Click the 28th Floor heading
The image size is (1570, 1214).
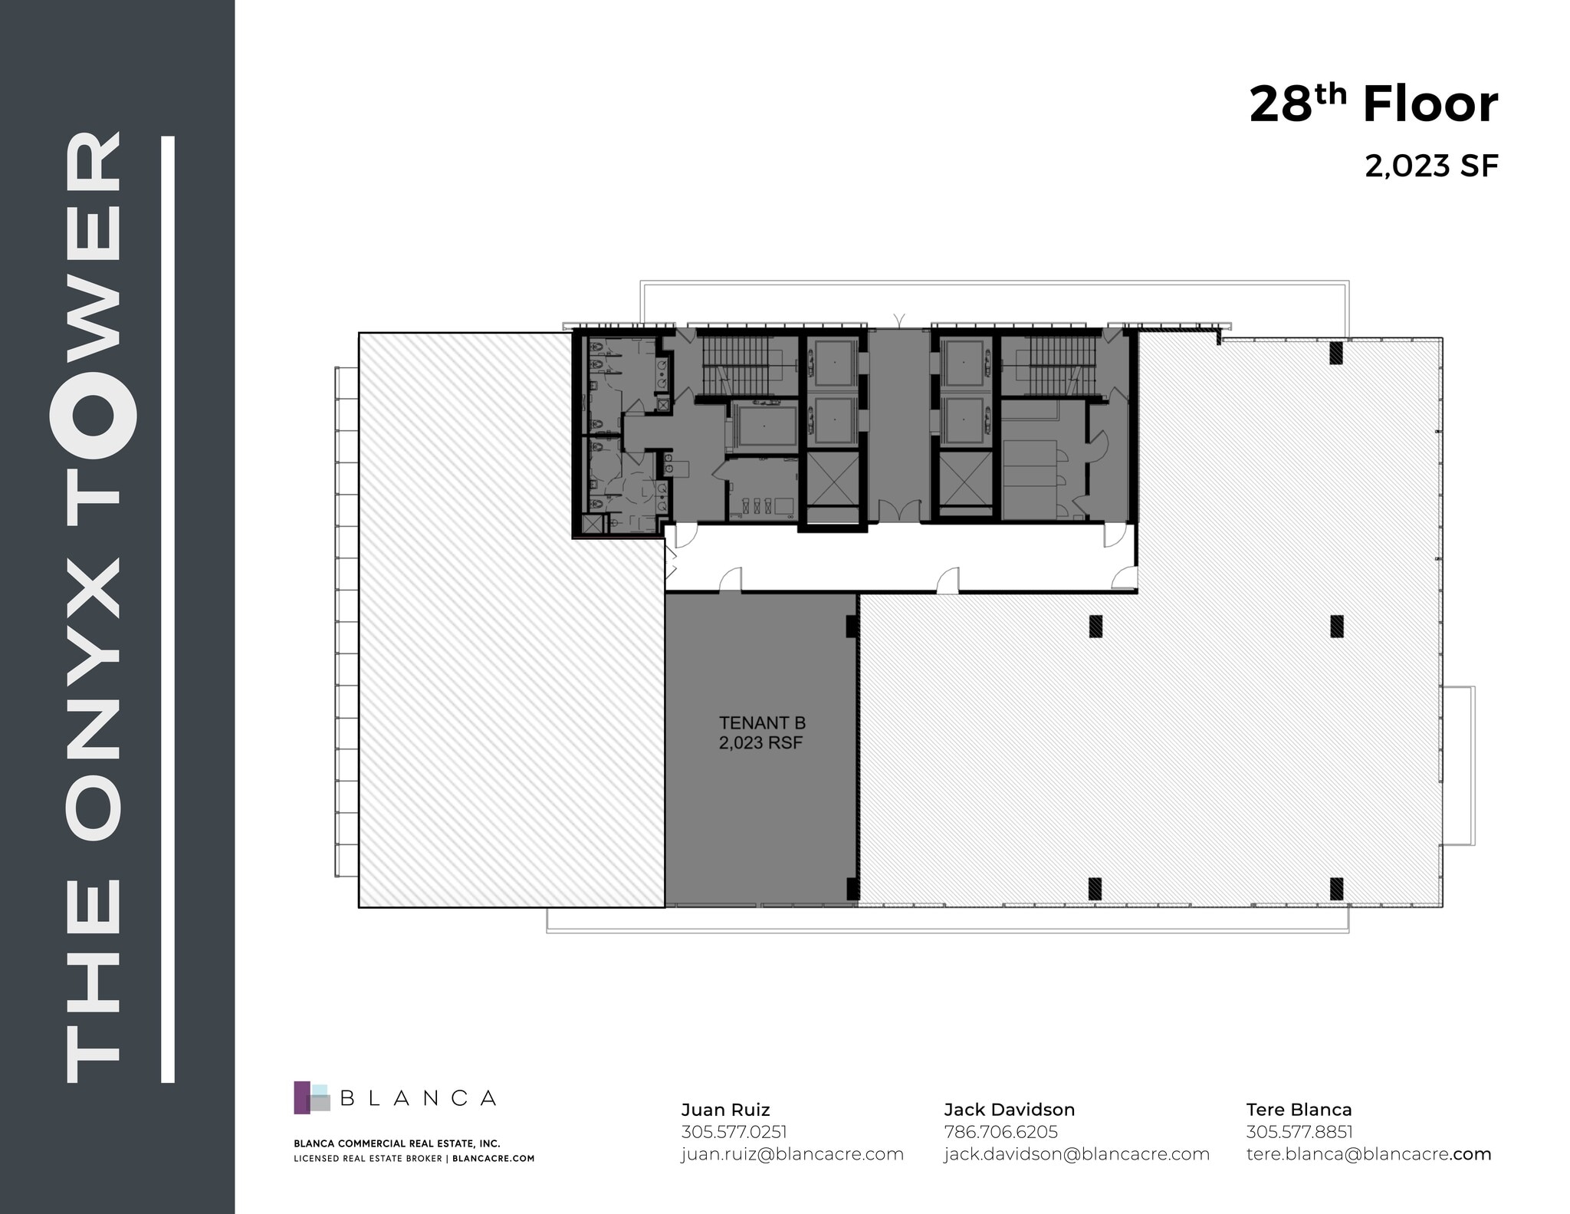point(1372,105)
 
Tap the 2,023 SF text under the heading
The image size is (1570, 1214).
point(1430,166)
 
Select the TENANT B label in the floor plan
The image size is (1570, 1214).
point(761,722)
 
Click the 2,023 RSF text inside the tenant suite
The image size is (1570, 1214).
point(760,742)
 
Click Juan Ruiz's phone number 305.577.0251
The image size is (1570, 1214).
point(733,1132)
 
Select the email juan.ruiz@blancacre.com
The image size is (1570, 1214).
point(792,1154)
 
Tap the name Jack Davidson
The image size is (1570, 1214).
point(1008,1110)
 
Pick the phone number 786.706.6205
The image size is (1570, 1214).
point(1000,1132)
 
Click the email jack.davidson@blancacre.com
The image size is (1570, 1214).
point(1076,1154)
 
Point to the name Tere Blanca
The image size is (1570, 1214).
point(1299,1110)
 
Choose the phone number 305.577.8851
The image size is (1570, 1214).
point(1299,1132)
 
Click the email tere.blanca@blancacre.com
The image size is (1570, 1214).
point(1368,1154)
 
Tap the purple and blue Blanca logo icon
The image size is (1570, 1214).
point(311,1097)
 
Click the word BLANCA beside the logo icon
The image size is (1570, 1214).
point(418,1098)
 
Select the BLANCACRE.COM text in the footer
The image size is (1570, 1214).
point(493,1159)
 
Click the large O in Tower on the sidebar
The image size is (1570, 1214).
point(93,413)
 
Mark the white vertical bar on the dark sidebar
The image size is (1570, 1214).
point(169,610)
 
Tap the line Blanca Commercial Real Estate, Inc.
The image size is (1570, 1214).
point(396,1143)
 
